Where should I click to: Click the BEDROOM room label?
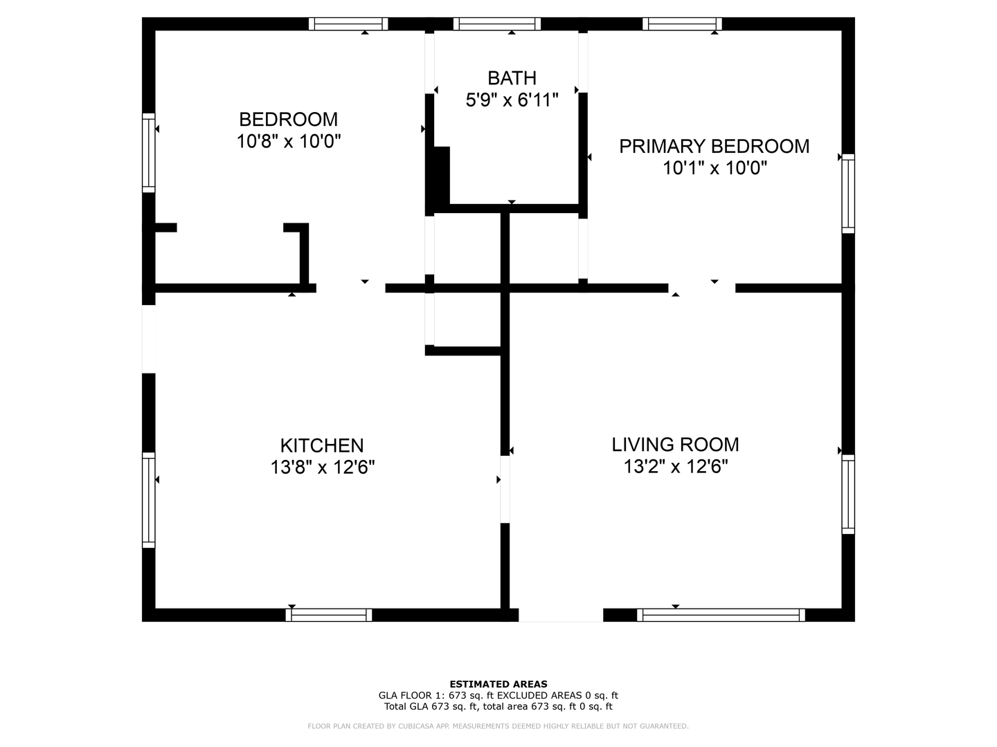(288, 119)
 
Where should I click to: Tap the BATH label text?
(512, 77)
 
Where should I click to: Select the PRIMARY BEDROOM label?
(714, 146)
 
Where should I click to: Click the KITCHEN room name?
(322, 445)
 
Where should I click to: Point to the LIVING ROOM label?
(675, 444)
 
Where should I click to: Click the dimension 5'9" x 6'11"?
(512, 100)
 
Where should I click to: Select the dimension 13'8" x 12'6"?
(322, 468)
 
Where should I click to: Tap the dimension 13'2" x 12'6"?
(675, 466)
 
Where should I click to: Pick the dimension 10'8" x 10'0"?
(288, 141)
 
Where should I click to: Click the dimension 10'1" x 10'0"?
(714, 168)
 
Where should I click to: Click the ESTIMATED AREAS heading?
(498, 684)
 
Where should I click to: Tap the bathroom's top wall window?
(496, 24)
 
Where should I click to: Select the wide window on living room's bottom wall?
(721, 615)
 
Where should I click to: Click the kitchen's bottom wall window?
(329, 615)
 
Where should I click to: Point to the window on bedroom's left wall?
(149, 152)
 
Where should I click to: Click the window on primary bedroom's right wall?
(848, 194)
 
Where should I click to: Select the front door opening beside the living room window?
(561, 615)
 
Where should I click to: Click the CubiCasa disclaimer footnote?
(498, 726)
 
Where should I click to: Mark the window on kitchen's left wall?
(149, 499)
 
